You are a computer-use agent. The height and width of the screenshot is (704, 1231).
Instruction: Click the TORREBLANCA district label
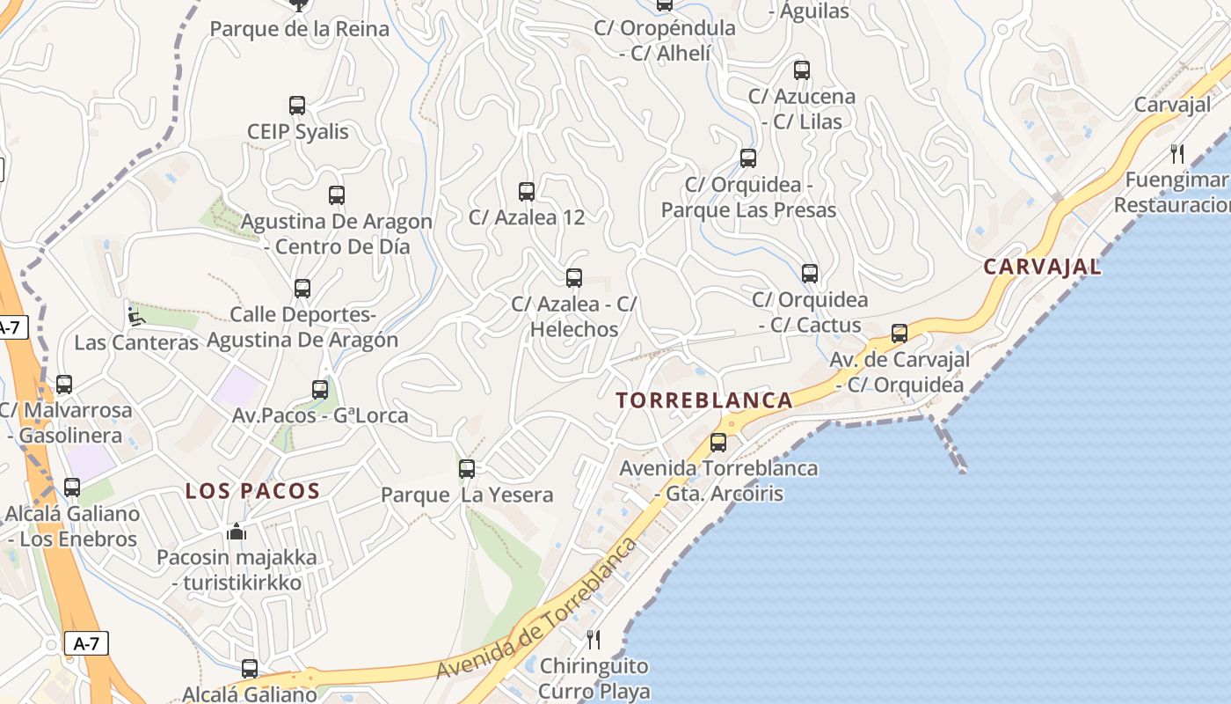click(704, 400)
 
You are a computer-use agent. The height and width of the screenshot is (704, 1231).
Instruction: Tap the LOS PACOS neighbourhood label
click(252, 491)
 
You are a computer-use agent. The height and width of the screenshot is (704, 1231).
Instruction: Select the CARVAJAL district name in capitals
click(1042, 267)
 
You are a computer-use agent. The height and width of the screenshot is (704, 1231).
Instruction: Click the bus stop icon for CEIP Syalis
click(297, 106)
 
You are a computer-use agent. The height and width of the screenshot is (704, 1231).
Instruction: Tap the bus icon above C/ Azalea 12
click(527, 191)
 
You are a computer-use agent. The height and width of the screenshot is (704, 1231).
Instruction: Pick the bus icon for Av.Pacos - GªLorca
click(320, 389)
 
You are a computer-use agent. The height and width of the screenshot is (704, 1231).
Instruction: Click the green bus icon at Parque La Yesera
click(467, 469)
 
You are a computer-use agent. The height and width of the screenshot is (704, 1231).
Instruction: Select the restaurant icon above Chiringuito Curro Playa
click(594, 639)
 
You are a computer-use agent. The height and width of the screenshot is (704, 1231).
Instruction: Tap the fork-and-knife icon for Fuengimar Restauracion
click(1177, 154)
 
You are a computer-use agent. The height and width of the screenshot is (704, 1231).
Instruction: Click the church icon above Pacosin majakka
click(236, 532)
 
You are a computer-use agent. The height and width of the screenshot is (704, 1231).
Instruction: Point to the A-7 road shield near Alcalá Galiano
click(86, 643)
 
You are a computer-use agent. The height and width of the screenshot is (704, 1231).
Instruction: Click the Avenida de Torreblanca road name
click(536, 609)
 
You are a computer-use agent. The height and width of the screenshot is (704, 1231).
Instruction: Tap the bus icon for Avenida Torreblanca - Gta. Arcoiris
click(718, 442)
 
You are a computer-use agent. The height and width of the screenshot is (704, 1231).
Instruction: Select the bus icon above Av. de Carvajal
click(899, 334)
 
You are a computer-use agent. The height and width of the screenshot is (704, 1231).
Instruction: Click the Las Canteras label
click(136, 342)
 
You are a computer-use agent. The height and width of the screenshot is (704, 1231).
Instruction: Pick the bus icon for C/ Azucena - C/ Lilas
click(801, 70)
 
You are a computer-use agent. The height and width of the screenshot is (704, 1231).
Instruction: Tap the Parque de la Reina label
click(299, 29)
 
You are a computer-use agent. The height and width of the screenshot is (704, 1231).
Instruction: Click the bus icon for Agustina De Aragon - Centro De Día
click(337, 195)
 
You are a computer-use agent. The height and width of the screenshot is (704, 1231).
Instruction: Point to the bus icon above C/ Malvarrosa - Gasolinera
click(64, 385)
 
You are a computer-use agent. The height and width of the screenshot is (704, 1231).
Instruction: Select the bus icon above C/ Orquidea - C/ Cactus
click(810, 274)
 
